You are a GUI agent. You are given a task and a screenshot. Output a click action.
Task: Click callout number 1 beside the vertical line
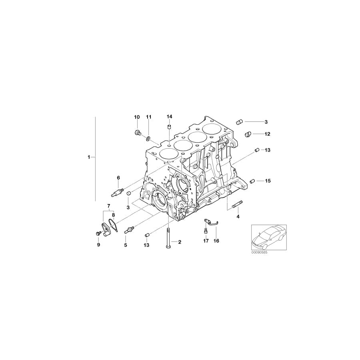[89, 157]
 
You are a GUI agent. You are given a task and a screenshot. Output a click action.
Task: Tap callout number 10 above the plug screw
[137, 117]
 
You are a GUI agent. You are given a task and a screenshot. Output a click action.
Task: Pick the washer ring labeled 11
[148, 138]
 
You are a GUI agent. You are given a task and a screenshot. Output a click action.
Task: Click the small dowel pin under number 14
[169, 127]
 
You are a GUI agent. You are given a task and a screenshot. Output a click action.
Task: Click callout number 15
[267, 181]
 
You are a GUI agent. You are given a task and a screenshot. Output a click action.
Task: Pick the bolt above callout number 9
[98, 233]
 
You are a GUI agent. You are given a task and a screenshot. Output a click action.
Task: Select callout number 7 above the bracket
[108, 206]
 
